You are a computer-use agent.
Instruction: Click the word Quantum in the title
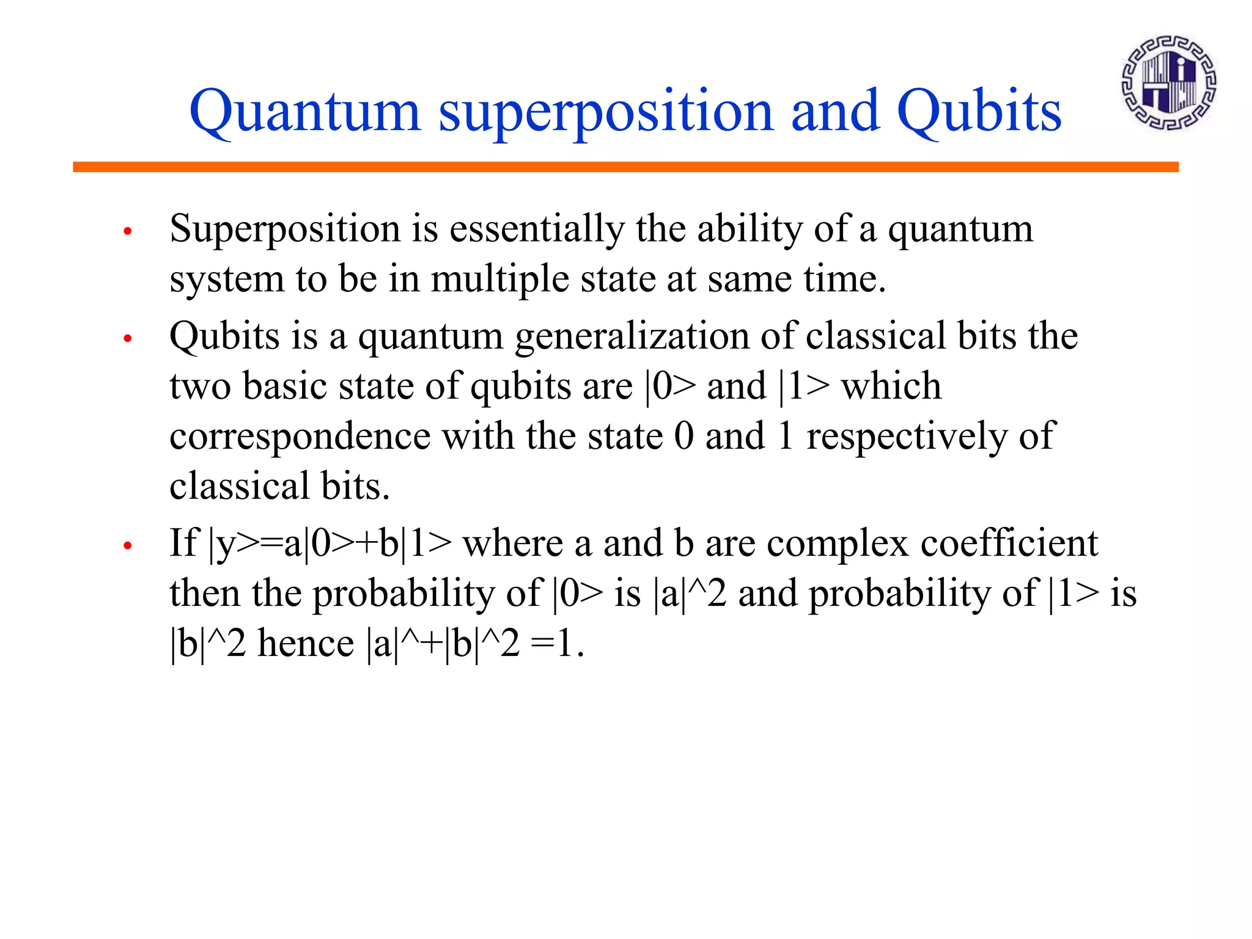(x=304, y=111)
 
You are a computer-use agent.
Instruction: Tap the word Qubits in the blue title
(x=979, y=111)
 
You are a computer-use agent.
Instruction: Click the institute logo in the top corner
(x=1168, y=83)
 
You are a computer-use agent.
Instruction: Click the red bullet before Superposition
(x=128, y=231)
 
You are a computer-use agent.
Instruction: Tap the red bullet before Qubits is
(x=128, y=339)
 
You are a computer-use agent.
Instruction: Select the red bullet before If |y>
(x=128, y=545)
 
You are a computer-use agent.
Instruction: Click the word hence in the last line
(x=306, y=643)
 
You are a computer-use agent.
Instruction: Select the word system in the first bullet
(x=227, y=280)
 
